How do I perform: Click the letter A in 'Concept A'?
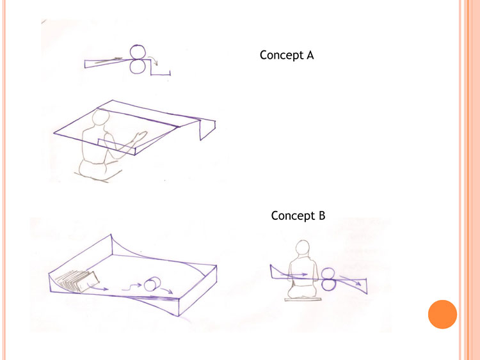click(310, 55)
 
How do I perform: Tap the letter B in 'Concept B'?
click(322, 215)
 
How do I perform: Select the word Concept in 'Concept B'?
click(293, 216)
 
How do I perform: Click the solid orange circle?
click(442, 314)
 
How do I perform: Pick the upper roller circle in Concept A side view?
click(138, 52)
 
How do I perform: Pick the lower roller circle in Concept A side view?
click(138, 67)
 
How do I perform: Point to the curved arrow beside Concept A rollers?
click(153, 59)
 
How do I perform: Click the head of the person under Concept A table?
click(100, 117)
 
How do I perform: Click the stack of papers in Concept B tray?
click(77, 281)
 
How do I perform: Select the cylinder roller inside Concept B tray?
click(152, 284)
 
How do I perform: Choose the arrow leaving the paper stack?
click(97, 287)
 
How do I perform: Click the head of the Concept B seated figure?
click(303, 247)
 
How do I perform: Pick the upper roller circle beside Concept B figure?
click(328, 274)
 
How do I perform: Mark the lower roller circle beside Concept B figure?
click(329, 285)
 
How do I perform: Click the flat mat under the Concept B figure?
click(303, 299)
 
